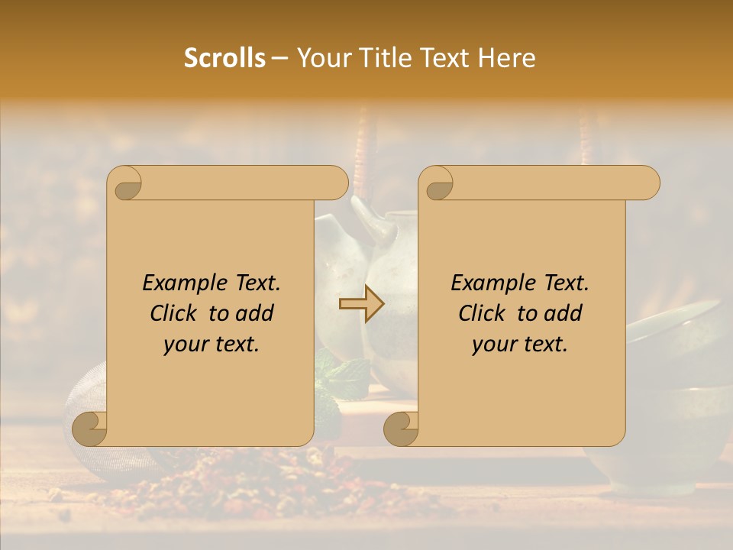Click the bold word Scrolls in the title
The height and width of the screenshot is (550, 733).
[224, 58]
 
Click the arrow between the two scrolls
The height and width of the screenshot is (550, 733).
[361, 304]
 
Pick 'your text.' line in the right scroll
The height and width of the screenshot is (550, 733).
[520, 344]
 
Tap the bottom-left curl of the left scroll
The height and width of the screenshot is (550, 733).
[88, 428]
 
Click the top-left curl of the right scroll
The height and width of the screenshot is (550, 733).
[438, 184]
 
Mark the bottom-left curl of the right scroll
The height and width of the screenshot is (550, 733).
[400, 428]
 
